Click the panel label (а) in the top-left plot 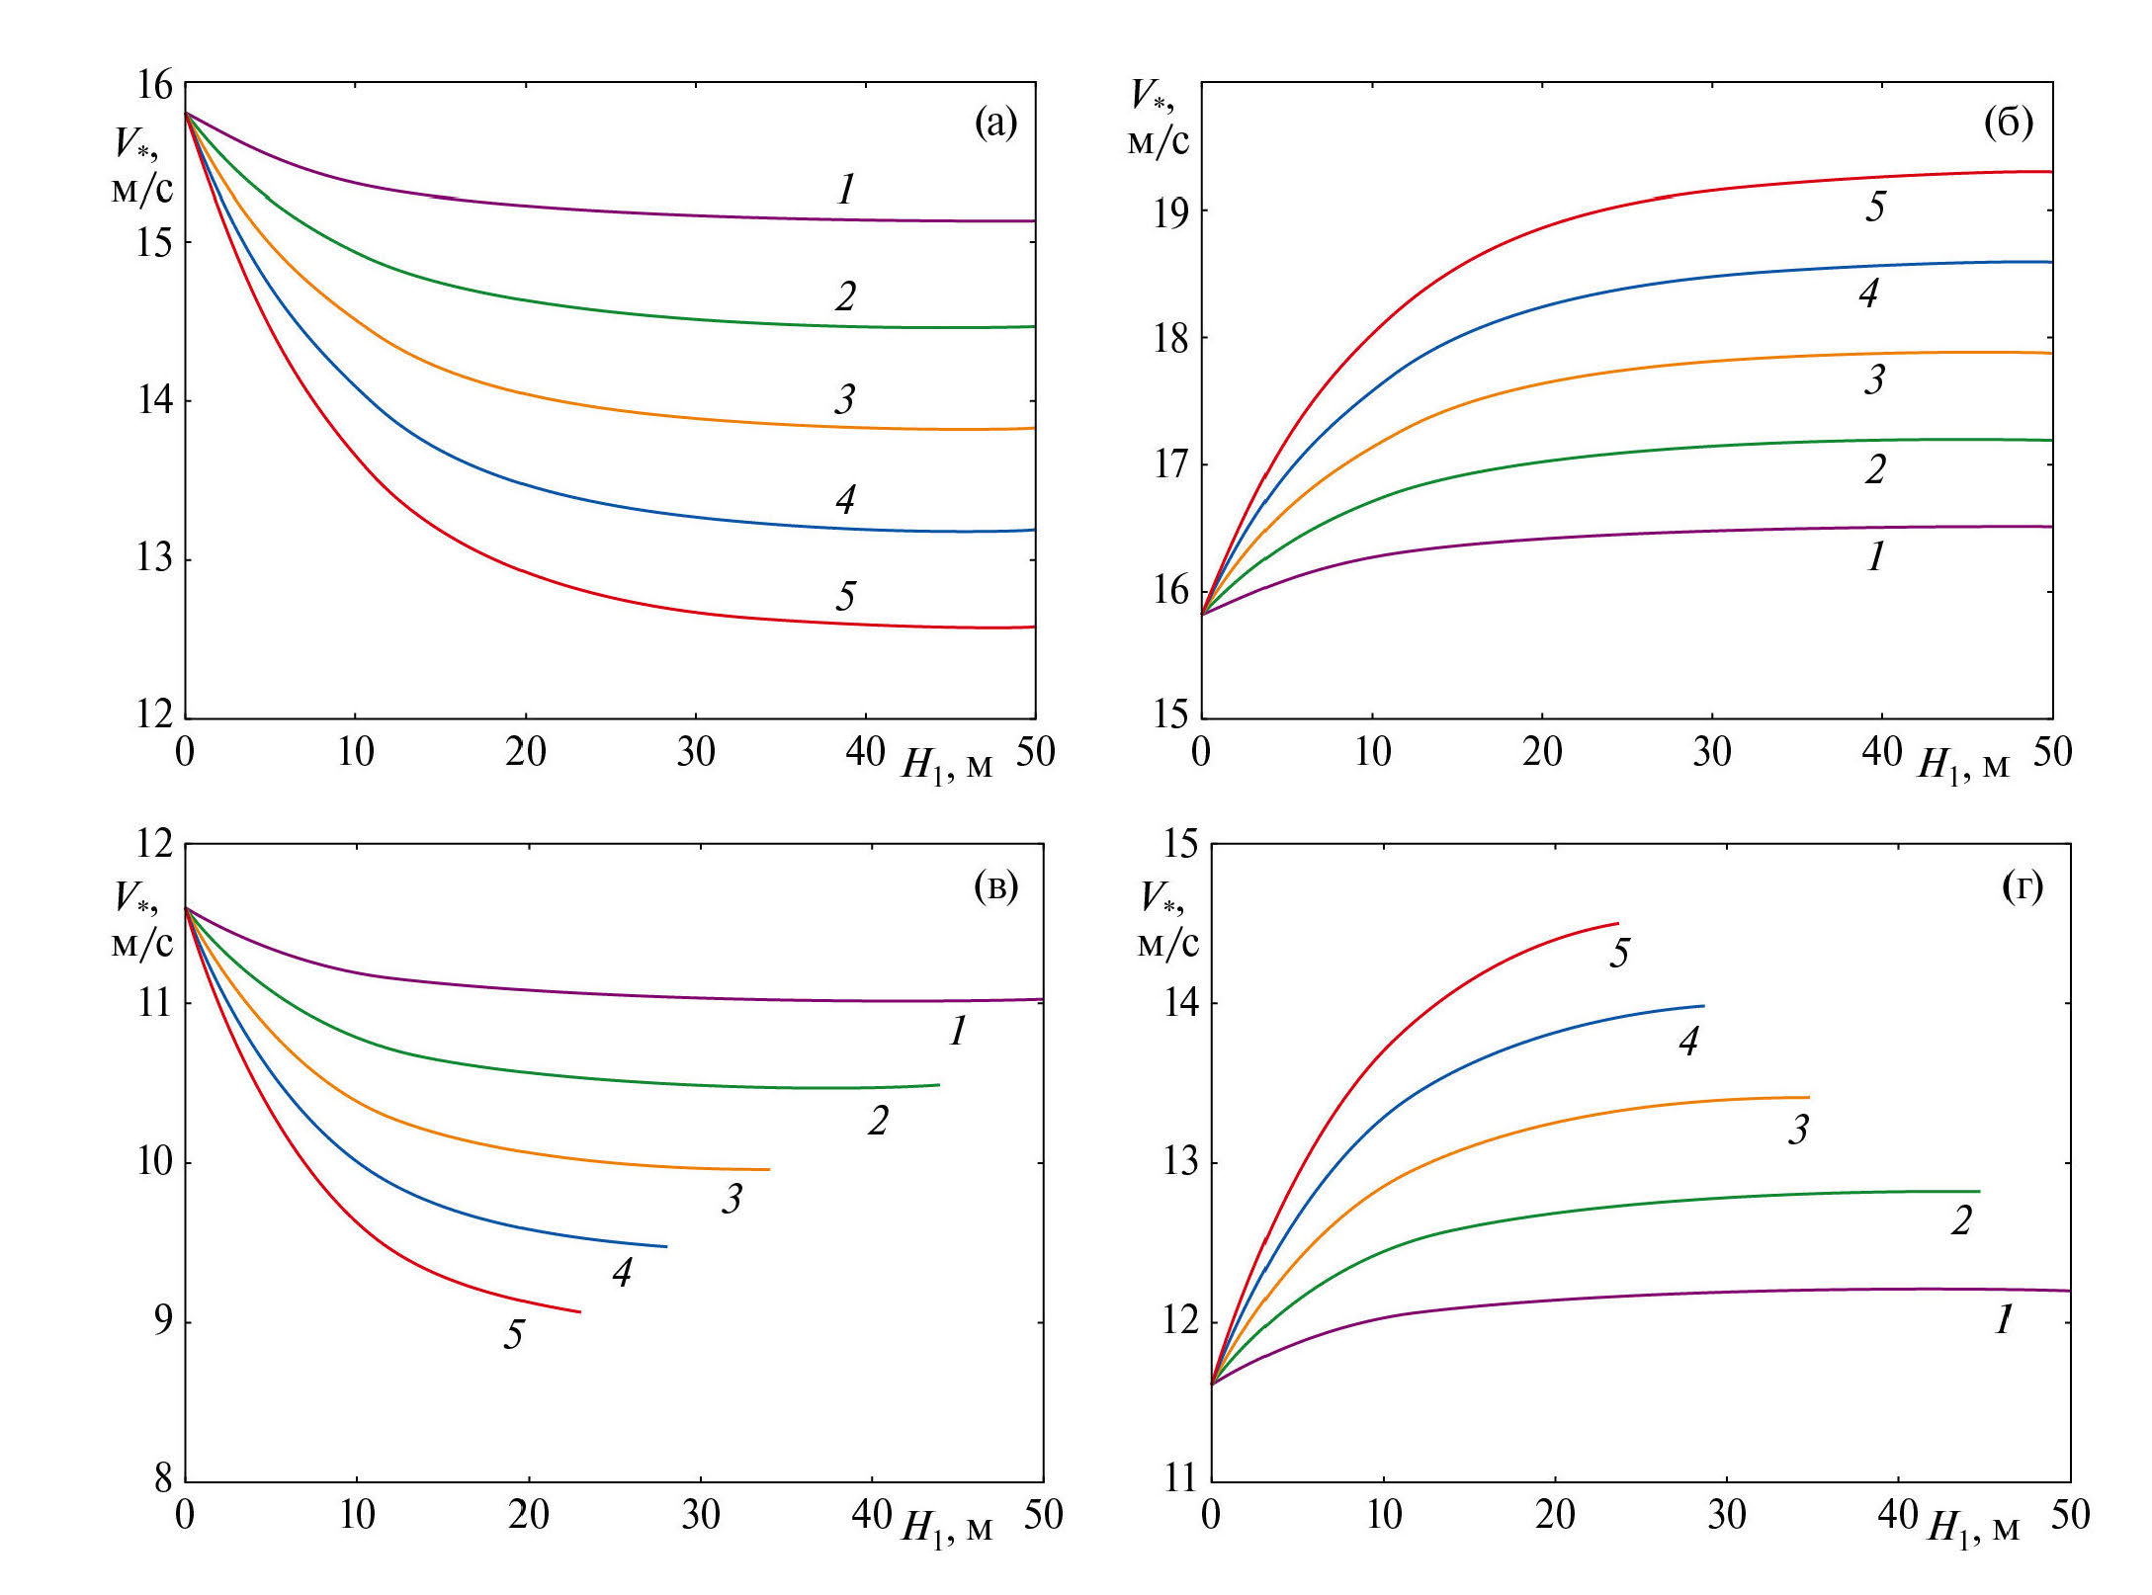(995, 124)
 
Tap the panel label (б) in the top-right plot (2009, 124)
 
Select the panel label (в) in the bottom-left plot (995, 886)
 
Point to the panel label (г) (2023, 886)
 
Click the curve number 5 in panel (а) (845, 596)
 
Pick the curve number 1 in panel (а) (846, 189)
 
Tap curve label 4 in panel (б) (1868, 293)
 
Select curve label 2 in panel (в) (878, 1121)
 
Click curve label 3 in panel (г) (1798, 1129)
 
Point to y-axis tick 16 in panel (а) (155, 85)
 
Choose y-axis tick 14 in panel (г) (1180, 1003)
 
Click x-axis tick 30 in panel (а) (696, 753)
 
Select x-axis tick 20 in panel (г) (1555, 1515)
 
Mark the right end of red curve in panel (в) (579, 1312)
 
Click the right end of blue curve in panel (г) (1703, 1006)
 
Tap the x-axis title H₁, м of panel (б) (1963, 765)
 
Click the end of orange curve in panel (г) (1808, 1097)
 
